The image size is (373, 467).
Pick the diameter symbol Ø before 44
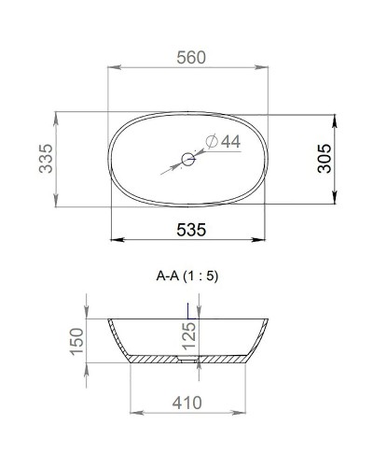208,141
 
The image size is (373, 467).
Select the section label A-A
170,276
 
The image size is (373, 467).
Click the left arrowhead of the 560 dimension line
115,67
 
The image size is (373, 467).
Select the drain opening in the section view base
187,358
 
